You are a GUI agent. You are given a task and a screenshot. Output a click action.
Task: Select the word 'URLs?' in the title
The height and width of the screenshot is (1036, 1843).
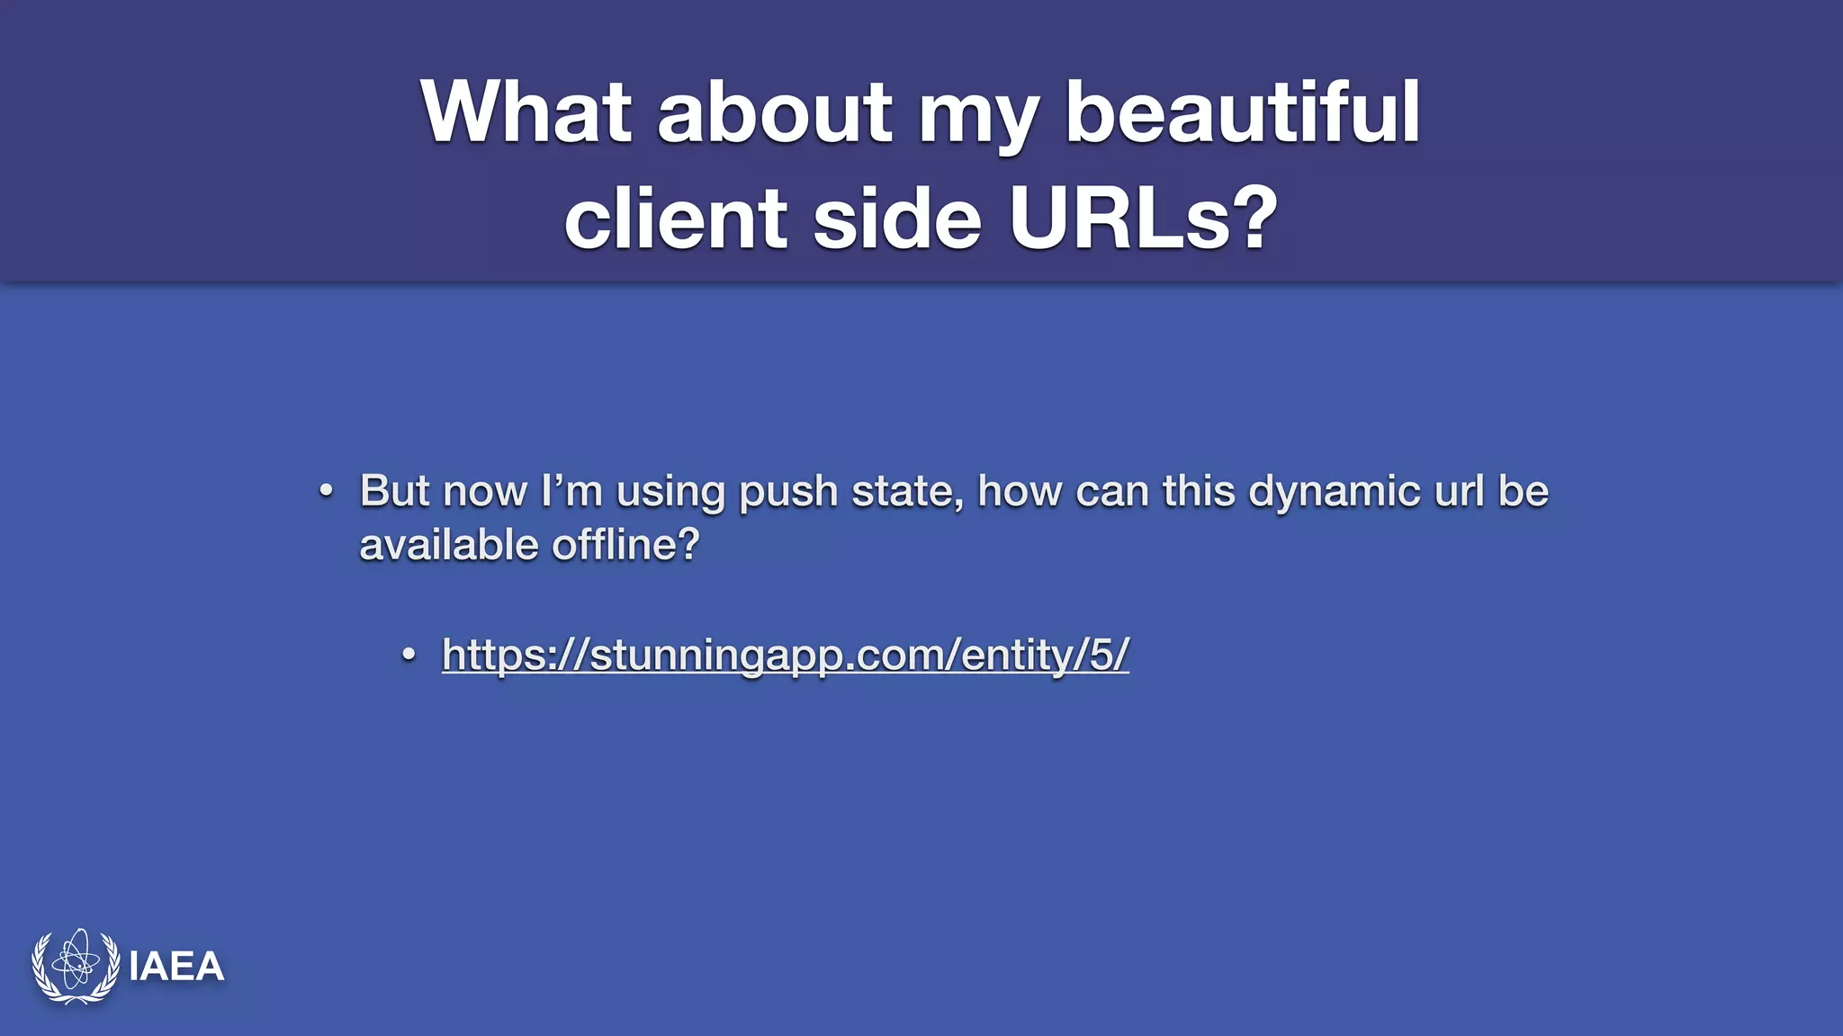[x=1143, y=219]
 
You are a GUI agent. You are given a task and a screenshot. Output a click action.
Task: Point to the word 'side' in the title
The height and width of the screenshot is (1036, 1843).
[x=896, y=219]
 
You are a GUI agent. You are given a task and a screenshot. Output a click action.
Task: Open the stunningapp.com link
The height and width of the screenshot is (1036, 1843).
[x=785, y=654]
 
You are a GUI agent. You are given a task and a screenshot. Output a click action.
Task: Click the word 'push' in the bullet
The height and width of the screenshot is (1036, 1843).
[x=788, y=492]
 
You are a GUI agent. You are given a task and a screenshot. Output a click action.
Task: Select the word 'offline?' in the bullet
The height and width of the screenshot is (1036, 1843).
[x=625, y=545]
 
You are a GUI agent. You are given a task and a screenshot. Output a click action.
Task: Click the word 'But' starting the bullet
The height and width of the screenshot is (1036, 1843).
[x=394, y=491]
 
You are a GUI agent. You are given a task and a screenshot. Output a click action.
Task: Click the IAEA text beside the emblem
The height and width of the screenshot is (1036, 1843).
[x=176, y=967]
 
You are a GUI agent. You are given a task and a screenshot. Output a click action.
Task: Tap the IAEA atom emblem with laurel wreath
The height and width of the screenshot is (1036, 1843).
[x=76, y=966]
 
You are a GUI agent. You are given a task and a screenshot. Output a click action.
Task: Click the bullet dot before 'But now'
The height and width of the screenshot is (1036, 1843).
[x=327, y=492]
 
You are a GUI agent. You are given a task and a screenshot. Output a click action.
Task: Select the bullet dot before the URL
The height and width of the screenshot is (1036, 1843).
[x=409, y=655]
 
